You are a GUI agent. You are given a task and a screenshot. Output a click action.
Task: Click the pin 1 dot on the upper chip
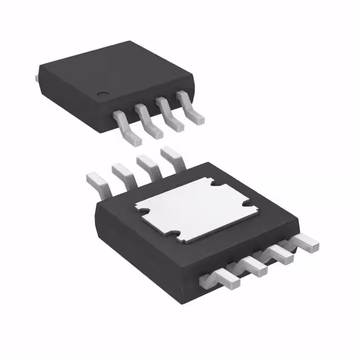tap(102, 94)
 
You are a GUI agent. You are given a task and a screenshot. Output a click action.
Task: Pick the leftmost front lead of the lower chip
tap(223, 278)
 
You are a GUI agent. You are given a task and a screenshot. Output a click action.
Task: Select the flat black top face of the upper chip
tap(112, 67)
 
